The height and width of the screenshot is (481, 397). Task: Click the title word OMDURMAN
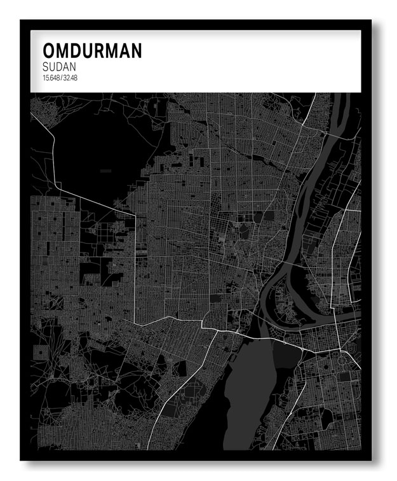coord(92,52)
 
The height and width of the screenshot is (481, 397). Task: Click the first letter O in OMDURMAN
coord(49,52)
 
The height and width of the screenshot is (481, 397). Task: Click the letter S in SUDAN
coord(46,67)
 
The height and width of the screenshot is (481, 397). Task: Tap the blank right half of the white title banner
coord(267,60)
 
